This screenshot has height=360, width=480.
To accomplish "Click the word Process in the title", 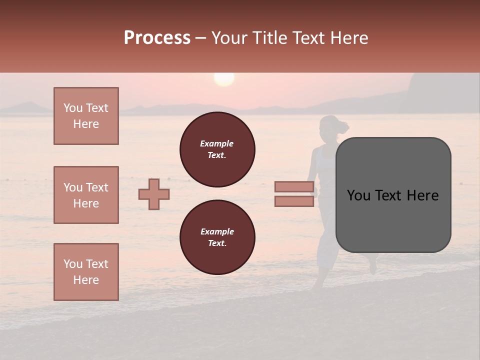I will tap(157, 38).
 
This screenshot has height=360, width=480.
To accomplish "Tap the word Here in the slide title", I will tap(348, 38).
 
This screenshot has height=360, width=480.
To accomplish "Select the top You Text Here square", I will tap(86, 116).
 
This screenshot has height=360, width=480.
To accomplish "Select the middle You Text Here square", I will tap(86, 195).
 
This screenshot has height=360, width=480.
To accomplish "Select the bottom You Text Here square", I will tap(86, 272).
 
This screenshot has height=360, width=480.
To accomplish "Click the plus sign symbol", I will tap(154, 194).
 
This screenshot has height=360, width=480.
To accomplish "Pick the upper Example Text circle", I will tap(217, 149).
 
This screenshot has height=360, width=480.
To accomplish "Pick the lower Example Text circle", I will tap(217, 237).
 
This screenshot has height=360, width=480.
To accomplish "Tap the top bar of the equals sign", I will tap(294, 187).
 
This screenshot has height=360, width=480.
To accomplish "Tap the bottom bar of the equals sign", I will tap(294, 201).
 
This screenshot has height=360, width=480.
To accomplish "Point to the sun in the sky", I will tap(224, 78).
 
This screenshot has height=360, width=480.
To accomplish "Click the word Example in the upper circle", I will tap(217, 143).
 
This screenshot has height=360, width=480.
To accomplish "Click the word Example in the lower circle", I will tap(217, 231).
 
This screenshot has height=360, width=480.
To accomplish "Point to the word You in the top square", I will tap(73, 108).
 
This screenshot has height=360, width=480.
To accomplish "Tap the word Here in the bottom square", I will tap(86, 280).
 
